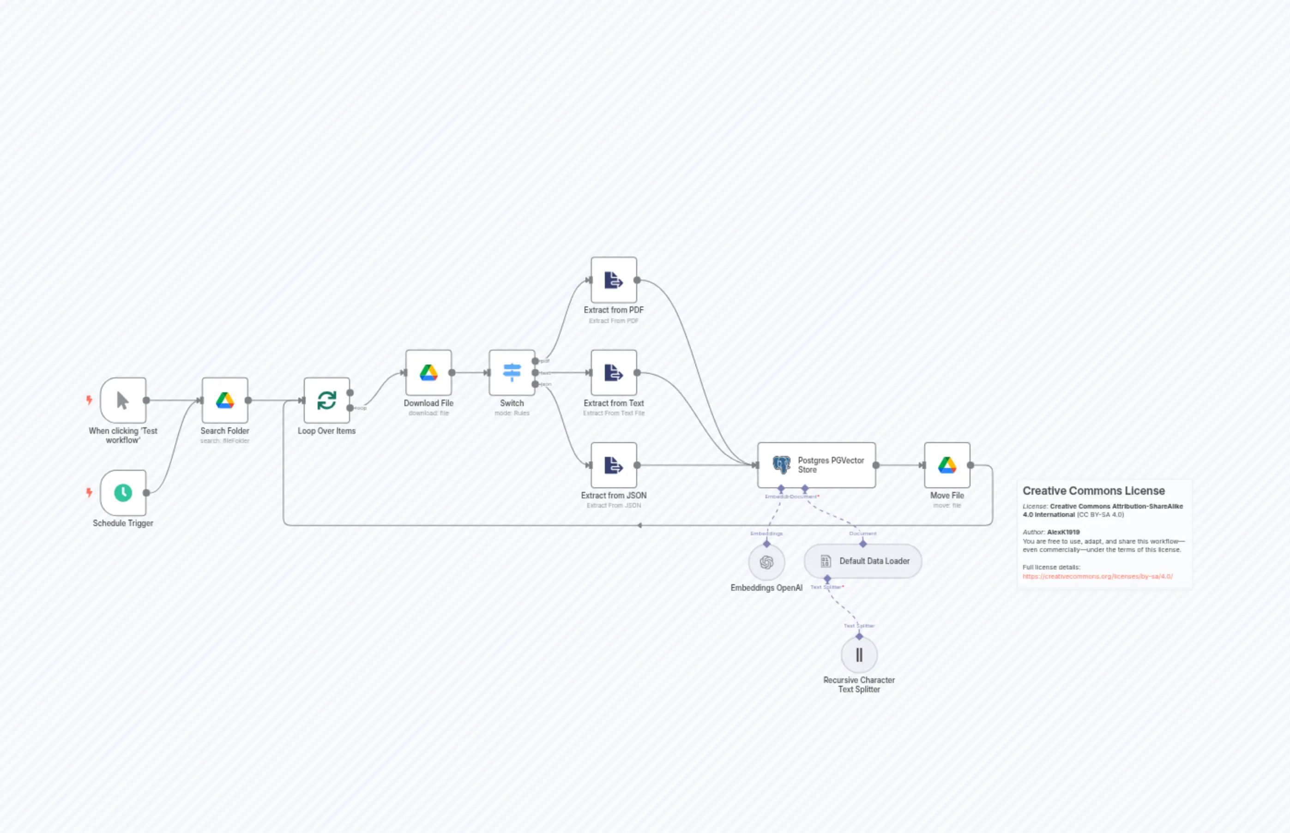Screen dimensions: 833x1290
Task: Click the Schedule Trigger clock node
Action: coord(123,493)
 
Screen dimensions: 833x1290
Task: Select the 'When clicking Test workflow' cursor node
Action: coord(123,400)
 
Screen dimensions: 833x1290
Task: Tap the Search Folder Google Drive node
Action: coord(224,400)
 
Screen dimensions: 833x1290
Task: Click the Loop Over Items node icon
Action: coord(326,400)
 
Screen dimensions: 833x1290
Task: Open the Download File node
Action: coord(428,373)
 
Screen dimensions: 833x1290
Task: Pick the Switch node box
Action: coord(512,373)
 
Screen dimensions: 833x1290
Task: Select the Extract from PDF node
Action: coord(613,280)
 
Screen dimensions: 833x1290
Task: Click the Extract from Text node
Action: coord(613,373)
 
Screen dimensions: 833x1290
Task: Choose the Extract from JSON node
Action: coord(613,465)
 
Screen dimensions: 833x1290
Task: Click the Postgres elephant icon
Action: coord(781,465)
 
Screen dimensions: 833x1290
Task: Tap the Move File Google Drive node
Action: coord(946,465)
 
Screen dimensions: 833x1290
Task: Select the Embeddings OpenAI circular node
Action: coord(766,563)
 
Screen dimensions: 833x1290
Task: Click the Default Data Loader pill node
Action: coord(862,561)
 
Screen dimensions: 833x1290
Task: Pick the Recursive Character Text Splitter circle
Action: coord(859,655)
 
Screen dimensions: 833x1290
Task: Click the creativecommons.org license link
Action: coord(1097,576)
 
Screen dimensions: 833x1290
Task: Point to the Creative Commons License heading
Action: coord(1093,491)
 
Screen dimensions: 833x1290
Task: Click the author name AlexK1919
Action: coord(1063,532)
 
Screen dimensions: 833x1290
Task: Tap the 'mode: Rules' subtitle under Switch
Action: coord(512,413)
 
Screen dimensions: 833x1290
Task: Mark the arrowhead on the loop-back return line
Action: coord(639,525)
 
